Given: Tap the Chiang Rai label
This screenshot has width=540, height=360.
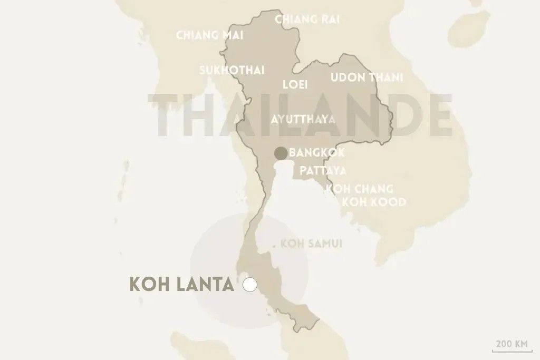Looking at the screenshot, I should pos(307,20).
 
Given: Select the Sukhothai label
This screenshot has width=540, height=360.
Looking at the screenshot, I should pos(232,71).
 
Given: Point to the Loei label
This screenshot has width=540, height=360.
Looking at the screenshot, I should pos(295,84).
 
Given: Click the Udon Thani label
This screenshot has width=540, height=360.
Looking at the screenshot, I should pos(367,77).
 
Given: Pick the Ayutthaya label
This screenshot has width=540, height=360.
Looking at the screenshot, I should pos(303,119).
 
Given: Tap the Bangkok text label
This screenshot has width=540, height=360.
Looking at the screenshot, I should pos(317,153).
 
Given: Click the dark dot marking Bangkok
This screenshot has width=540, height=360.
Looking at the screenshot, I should pos(281,153).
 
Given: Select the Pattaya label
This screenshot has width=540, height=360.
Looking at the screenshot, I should pos(323,171).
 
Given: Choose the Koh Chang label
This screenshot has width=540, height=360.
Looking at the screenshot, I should pos(360,189).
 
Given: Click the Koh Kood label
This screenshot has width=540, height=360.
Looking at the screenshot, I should pos(374,202).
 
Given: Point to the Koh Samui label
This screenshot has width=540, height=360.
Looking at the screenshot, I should pos(312,244).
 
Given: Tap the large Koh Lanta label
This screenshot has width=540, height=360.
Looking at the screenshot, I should pos(181,285).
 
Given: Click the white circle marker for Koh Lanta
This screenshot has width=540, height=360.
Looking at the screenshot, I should pos(250,285).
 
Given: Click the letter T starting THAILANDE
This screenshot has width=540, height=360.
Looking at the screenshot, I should pos(165,115).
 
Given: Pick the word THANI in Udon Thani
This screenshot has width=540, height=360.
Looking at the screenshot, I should pos(386,77).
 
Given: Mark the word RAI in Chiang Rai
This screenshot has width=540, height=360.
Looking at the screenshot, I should pos(328,20).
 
